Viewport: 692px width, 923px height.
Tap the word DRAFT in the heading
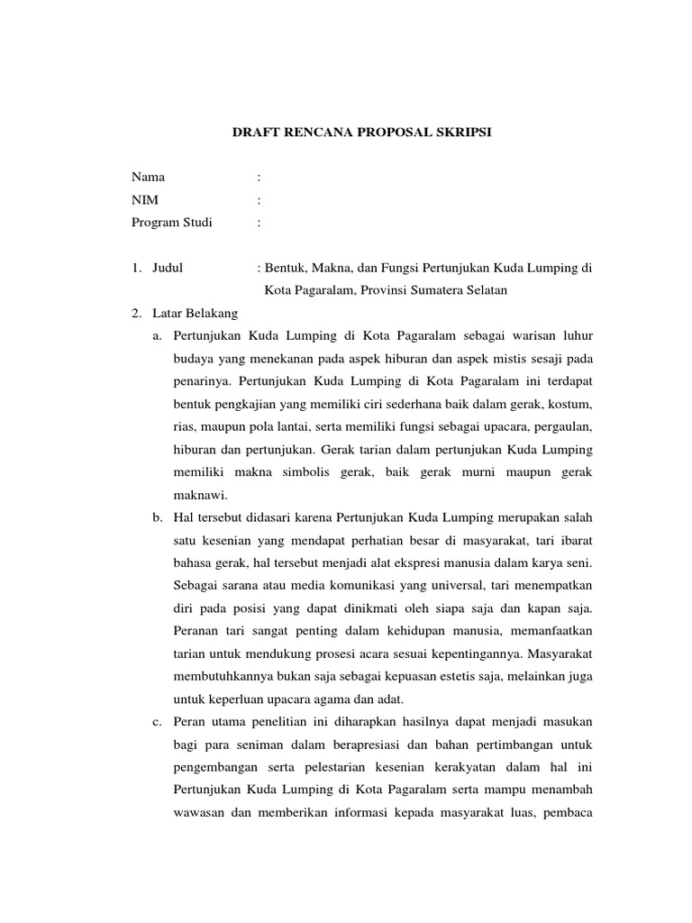click(255, 133)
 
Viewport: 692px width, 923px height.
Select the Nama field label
click(149, 178)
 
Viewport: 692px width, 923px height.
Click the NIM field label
click(145, 200)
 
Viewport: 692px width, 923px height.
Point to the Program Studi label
click(172, 223)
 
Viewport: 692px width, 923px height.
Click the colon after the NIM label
click(259, 200)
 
